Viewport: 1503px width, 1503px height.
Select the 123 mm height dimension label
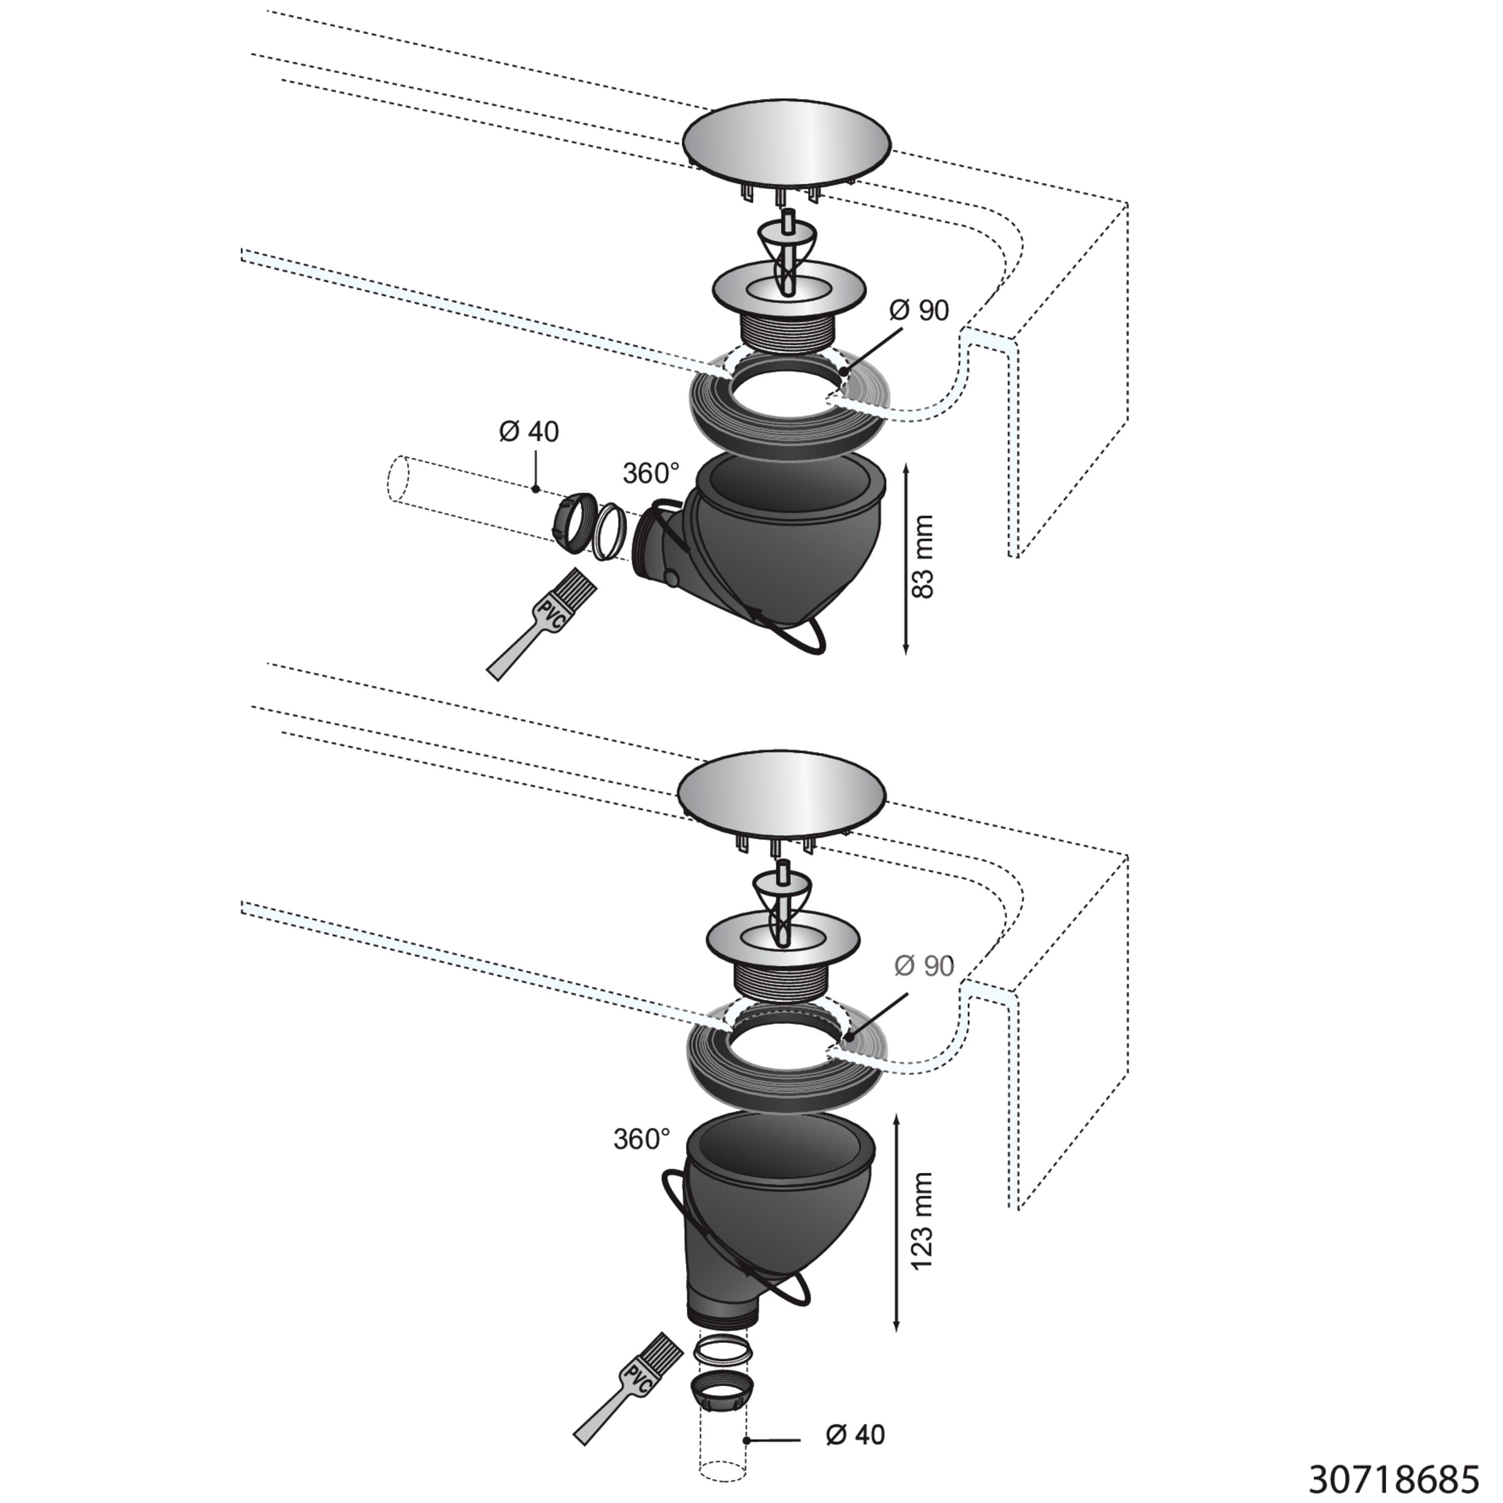coord(922,1220)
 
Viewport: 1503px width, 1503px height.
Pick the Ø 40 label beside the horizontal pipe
coord(529,431)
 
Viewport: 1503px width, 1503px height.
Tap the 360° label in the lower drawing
coord(642,1139)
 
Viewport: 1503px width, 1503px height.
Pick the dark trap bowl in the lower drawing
coord(767,1213)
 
